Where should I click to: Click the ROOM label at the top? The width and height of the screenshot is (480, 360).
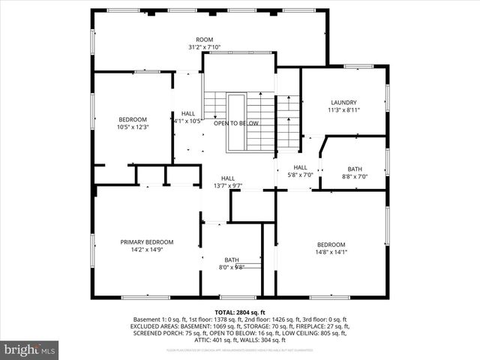pyautogui.click(x=205, y=39)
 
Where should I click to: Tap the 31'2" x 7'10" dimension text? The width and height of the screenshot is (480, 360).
pyautogui.click(x=205, y=47)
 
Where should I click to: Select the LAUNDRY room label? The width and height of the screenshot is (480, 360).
pyautogui.click(x=343, y=103)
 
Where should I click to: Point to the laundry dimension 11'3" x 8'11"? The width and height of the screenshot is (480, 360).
pyautogui.click(x=343, y=110)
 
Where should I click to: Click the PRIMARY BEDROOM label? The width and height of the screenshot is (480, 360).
pyautogui.click(x=147, y=241)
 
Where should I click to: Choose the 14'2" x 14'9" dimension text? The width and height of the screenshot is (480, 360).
pyautogui.click(x=147, y=250)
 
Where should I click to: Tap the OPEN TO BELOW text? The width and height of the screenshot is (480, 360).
pyautogui.click(x=236, y=124)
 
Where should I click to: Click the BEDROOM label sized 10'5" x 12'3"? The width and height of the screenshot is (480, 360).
pyautogui.click(x=133, y=119)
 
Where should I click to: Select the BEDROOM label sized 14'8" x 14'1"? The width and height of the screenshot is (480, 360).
pyautogui.click(x=331, y=244)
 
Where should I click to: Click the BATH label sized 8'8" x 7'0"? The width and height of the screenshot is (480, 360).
pyautogui.click(x=354, y=169)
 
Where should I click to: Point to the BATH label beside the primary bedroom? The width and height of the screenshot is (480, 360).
pyautogui.click(x=231, y=259)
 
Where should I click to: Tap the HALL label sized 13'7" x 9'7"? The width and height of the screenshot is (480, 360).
pyautogui.click(x=228, y=178)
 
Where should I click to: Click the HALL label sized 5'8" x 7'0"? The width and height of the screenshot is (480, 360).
pyautogui.click(x=300, y=167)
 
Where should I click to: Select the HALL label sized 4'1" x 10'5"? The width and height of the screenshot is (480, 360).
pyautogui.click(x=187, y=113)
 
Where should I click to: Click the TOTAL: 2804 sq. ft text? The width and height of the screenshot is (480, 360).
pyautogui.click(x=240, y=311)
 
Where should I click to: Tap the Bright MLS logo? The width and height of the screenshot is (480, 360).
pyautogui.click(x=30, y=349)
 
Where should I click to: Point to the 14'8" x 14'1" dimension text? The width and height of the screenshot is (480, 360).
pyautogui.click(x=331, y=253)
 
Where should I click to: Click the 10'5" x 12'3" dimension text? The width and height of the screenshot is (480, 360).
pyautogui.click(x=133, y=127)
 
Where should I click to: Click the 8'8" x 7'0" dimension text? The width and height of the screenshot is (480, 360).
pyautogui.click(x=354, y=177)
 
